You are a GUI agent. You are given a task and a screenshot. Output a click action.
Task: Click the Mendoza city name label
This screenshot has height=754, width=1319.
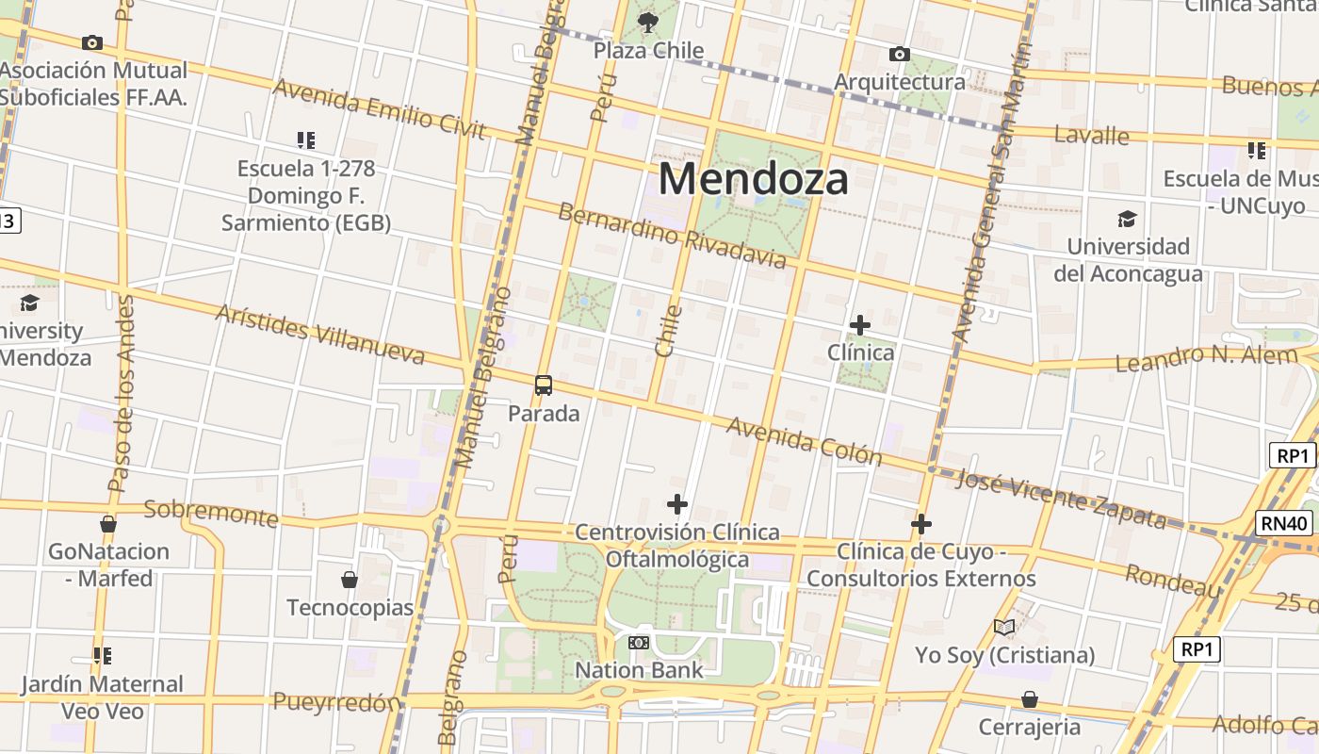tap(754, 178)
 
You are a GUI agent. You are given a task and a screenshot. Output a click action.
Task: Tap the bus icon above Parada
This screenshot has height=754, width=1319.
tap(544, 385)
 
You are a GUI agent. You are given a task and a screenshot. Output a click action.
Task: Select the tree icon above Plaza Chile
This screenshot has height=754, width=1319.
tap(648, 22)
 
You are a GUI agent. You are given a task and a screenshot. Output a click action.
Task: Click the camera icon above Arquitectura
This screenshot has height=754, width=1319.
tap(900, 54)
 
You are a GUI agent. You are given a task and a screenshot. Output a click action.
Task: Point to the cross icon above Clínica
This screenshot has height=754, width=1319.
tap(859, 325)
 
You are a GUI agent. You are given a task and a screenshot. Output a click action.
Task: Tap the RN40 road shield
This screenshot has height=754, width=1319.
tap(1285, 522)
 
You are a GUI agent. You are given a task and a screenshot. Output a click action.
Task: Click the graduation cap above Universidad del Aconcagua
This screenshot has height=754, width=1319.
tap(1127, 220)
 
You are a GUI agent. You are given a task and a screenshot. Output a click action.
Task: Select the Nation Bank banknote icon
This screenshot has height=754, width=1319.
tap(639, 643)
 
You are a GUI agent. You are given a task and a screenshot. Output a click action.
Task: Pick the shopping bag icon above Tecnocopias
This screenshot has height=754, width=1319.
tap(350, 579)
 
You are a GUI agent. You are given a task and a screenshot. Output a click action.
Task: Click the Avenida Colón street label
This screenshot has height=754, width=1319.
tap(804, 441)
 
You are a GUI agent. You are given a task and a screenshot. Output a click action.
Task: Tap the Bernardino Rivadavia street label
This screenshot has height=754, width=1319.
tap(672, 235)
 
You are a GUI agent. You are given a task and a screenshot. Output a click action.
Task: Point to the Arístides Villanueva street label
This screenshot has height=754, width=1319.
tap(320, 334)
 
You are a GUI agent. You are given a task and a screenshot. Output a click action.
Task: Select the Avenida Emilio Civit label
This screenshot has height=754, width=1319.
tap(379, 108)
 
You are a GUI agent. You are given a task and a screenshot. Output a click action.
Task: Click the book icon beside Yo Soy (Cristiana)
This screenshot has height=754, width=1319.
tap(1004, 627)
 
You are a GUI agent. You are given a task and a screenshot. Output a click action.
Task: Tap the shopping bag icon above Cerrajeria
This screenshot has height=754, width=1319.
tap(1030, 699)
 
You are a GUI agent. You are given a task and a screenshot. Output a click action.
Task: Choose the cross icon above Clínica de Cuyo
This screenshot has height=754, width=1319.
tap(921, 524)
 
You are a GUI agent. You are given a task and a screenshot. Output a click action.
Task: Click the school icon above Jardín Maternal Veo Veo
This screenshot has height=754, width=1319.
tap(102, 655)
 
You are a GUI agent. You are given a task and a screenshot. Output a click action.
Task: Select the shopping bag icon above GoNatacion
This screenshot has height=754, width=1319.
tap(108, 524)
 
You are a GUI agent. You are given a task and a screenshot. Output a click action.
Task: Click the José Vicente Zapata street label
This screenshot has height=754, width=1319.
tap(1061, 499)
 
